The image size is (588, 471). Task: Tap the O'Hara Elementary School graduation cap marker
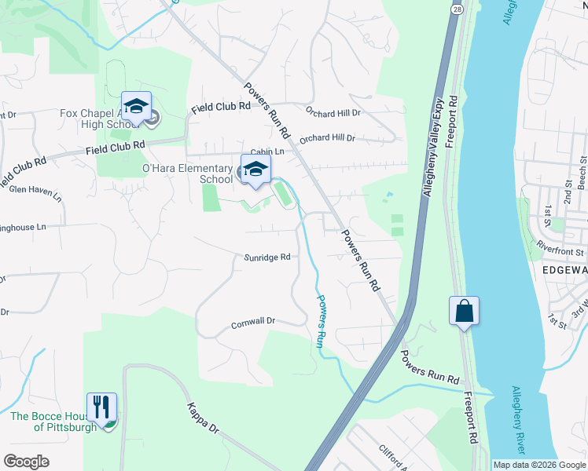[255, 170]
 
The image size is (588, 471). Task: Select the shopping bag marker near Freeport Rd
[464, 311]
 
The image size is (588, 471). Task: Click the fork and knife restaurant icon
[101, 407]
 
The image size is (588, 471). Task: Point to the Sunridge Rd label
[267, 257]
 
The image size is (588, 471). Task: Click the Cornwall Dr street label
[253, 322]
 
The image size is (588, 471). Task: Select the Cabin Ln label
[266, 152]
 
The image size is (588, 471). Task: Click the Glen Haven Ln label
[35, 189]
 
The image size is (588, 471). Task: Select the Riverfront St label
[560, 253]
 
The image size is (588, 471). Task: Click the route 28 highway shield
[457, 9]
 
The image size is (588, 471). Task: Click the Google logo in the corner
[26, 462]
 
